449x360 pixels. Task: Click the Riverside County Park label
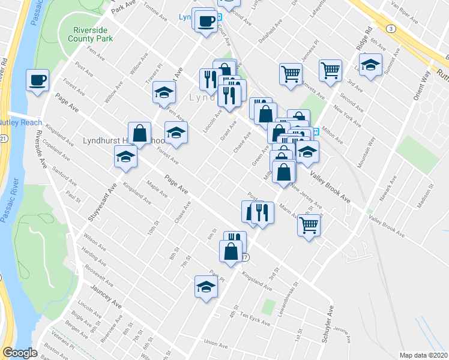(x=92, y=34)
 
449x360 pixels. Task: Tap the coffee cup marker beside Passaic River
(x=37, y=80)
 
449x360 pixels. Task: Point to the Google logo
(x=20, y=353)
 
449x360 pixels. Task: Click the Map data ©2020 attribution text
(x=423, y=355)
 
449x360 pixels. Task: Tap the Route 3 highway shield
(x=390, y=28)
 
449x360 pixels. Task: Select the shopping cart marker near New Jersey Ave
(x=309, y=226)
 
